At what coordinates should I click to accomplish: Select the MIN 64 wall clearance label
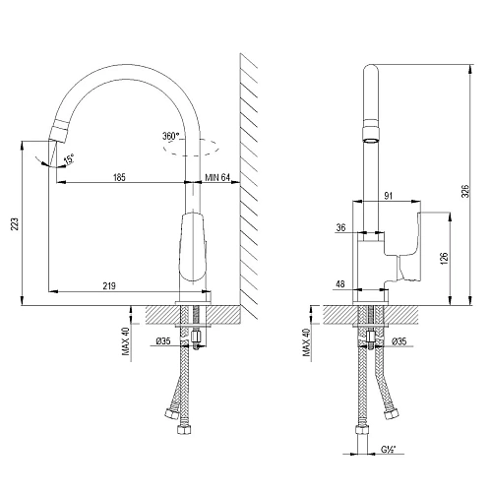click(217, 177)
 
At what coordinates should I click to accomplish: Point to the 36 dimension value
click(340, 228)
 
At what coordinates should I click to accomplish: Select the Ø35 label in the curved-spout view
click(164, 341)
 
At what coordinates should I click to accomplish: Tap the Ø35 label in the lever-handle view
click(401, 341)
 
